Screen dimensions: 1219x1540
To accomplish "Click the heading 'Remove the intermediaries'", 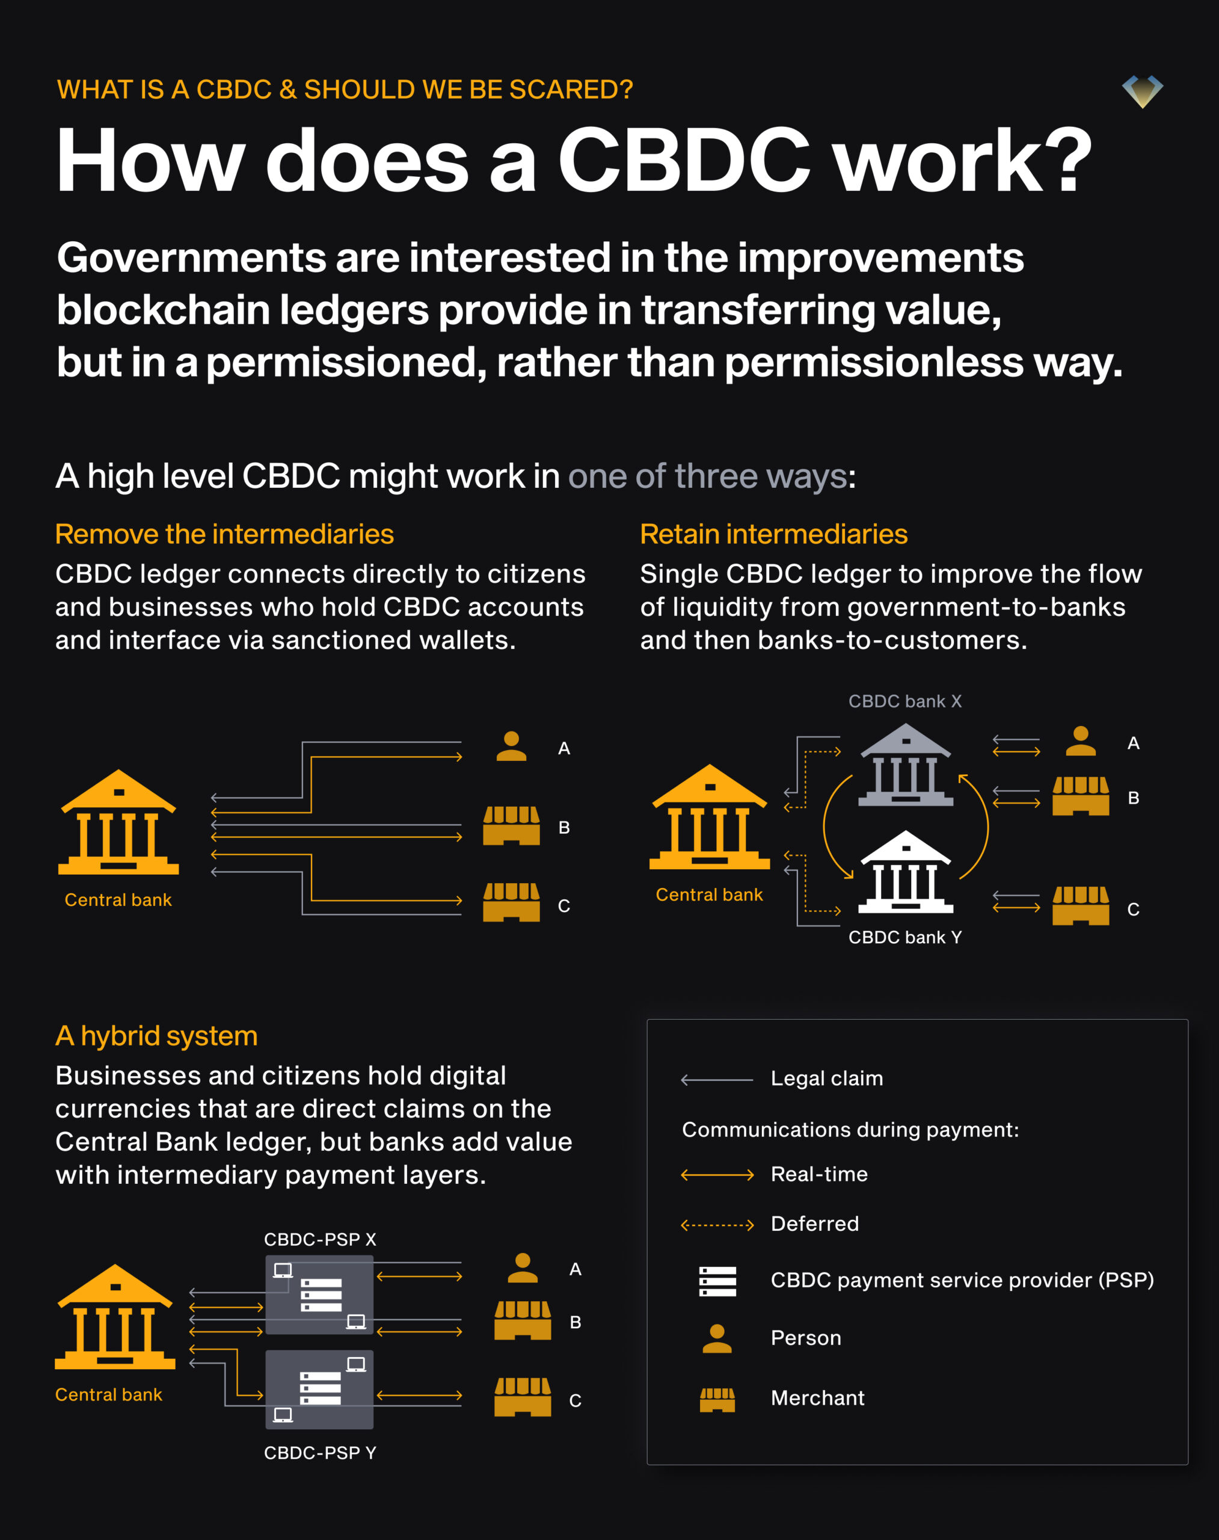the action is [x=224, y=534].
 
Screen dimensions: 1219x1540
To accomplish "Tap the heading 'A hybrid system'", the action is [x=156, y=1036].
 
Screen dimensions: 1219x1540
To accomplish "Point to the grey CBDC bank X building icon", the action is [x=905, y=765].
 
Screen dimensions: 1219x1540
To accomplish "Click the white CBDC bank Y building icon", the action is [x=905, y=872].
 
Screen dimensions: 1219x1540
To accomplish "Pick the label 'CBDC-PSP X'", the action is [x=320, y=1239].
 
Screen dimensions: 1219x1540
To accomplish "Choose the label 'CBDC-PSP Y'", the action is [x=320, y=1453].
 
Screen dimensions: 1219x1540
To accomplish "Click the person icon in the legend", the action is [x=717, y=1338].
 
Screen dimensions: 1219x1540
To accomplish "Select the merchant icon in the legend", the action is [x=717, y=1399].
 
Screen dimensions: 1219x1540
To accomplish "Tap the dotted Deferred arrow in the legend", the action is [x=717, y=1225].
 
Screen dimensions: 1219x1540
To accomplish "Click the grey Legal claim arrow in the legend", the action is [x=717, y=1079].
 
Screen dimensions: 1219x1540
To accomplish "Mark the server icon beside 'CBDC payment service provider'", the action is [x=717, y=1281].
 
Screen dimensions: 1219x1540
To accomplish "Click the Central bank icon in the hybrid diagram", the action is [x=115, y=1317].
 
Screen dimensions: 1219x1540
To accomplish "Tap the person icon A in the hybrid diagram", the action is [x=523, y=1268].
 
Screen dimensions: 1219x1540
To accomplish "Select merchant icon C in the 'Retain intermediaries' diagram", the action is [x=1081, y=906].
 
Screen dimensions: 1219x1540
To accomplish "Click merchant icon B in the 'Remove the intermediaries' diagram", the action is [x=511, y=826].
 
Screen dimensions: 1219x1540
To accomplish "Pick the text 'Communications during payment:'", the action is [x=850, y=1130].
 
